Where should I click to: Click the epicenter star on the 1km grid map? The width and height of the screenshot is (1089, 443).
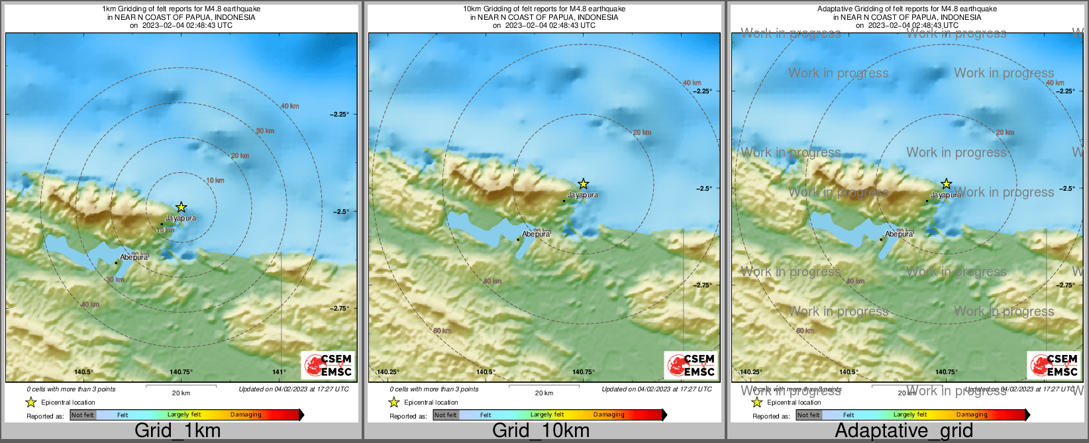coord(181,207)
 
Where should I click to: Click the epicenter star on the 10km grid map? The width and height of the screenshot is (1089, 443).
coord(583,183)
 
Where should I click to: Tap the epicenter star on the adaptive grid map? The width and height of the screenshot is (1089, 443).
coord(946,183)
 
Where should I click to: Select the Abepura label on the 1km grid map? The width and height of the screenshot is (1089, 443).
coord(134,257)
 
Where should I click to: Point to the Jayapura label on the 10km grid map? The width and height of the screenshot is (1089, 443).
coord(583,195)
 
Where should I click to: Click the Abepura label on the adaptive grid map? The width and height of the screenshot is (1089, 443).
coord(899,234)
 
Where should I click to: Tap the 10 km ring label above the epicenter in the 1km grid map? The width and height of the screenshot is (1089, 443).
coord(215,180)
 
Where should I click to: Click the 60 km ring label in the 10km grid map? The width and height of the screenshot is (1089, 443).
coord(442,330)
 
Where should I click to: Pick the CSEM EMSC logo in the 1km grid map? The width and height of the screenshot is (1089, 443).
coord(328,365)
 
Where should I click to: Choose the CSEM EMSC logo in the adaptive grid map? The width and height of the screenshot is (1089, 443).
coord(1054,365)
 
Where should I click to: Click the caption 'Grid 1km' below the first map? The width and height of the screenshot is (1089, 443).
coord(177,430)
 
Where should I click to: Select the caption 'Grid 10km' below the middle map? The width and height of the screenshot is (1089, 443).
coord(541,430)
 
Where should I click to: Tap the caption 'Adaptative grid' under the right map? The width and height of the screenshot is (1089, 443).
coord(904,430)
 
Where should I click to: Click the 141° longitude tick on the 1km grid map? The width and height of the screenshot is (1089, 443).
coord(280,372)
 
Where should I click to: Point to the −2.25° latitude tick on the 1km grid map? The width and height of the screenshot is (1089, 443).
coord(340,115)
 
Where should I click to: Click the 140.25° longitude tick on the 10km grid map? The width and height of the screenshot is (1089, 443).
coord(388,372)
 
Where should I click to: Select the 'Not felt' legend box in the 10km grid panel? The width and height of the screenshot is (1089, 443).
coord(446,415)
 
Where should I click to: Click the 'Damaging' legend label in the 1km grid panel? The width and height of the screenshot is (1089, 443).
coord(246,415)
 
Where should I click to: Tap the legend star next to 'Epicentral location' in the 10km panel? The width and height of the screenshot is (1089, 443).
coord(393,402)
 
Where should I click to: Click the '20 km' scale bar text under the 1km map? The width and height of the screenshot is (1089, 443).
coord(181,393)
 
